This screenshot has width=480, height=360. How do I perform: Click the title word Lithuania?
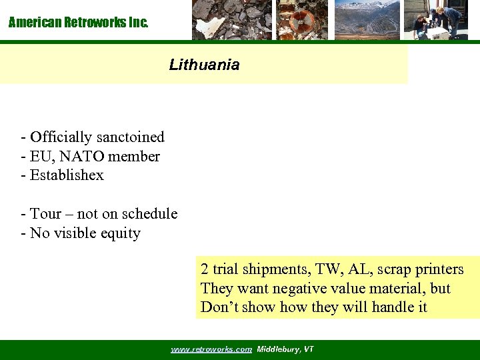click(204, 65)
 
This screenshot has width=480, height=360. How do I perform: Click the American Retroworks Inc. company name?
click(79, 23)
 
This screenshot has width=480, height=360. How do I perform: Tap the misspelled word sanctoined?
click(130, 137)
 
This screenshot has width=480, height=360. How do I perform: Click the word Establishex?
click(67, 175)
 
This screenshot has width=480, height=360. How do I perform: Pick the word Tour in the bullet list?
click(46, 214)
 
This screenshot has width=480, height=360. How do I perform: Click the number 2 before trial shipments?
click(205, 269)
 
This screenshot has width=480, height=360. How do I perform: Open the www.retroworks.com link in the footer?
click(211, 349)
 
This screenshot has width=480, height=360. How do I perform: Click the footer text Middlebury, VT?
click(285, 349)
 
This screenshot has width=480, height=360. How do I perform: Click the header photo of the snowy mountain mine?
click(367, 20)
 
